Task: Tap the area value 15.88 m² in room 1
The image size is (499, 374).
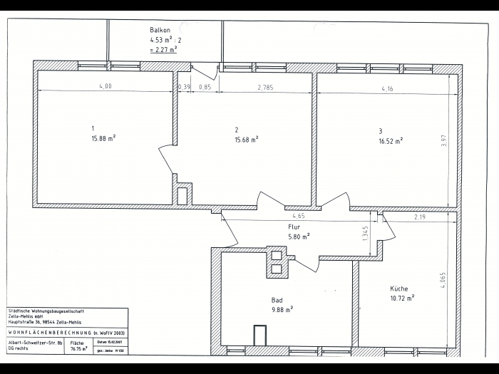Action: (x=103, y=139)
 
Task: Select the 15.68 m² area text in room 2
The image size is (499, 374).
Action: (x=247, y=139)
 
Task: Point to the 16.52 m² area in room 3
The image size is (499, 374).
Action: (x=391, y=140)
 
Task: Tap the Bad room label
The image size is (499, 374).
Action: (x=277, y=300)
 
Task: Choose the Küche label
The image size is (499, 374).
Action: (x=399, y=289)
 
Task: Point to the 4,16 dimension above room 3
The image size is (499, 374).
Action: (x=387, y=89)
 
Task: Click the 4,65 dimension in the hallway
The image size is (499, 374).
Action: (x=299, y=215)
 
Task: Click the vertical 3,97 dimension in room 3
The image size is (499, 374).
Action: (x=444, y=141)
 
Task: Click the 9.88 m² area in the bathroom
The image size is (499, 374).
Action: (x=282, y=309)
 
